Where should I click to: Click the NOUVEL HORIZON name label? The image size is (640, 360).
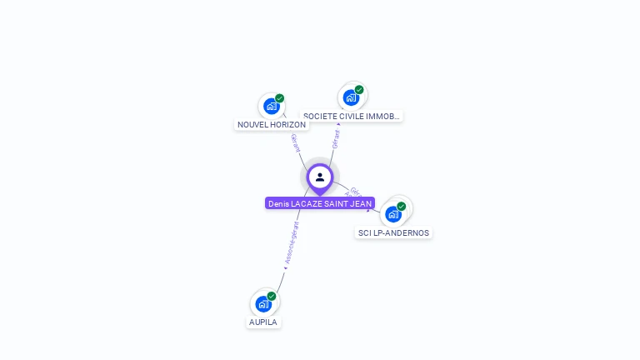(272, 124)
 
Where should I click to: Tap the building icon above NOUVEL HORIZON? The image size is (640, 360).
(270, 106)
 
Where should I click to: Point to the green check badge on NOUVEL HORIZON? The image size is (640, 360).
(280, 98)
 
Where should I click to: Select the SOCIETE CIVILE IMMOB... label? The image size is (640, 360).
(352, 117)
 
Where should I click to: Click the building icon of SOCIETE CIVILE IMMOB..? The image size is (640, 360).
(351, 97)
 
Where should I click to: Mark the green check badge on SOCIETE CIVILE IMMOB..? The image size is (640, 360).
(359, 90)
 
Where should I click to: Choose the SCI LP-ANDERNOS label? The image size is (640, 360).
(393, 232)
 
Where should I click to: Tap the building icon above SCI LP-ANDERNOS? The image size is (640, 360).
(393, 213)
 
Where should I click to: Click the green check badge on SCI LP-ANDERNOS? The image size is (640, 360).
(402, 206)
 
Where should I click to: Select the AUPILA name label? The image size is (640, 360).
(263, 322)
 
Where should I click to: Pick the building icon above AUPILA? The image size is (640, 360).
(263, 303)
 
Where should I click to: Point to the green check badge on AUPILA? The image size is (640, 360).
(272, 296)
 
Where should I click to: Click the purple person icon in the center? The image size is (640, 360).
(320, 177)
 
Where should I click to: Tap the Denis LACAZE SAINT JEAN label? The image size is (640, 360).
(320, 203)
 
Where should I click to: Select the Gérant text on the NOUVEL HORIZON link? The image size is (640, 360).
(295, 142)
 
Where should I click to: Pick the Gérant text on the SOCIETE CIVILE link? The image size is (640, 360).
(336, 137)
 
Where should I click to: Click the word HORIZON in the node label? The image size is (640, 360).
(288, 124)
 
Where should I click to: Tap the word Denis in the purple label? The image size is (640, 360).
(278, 203)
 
